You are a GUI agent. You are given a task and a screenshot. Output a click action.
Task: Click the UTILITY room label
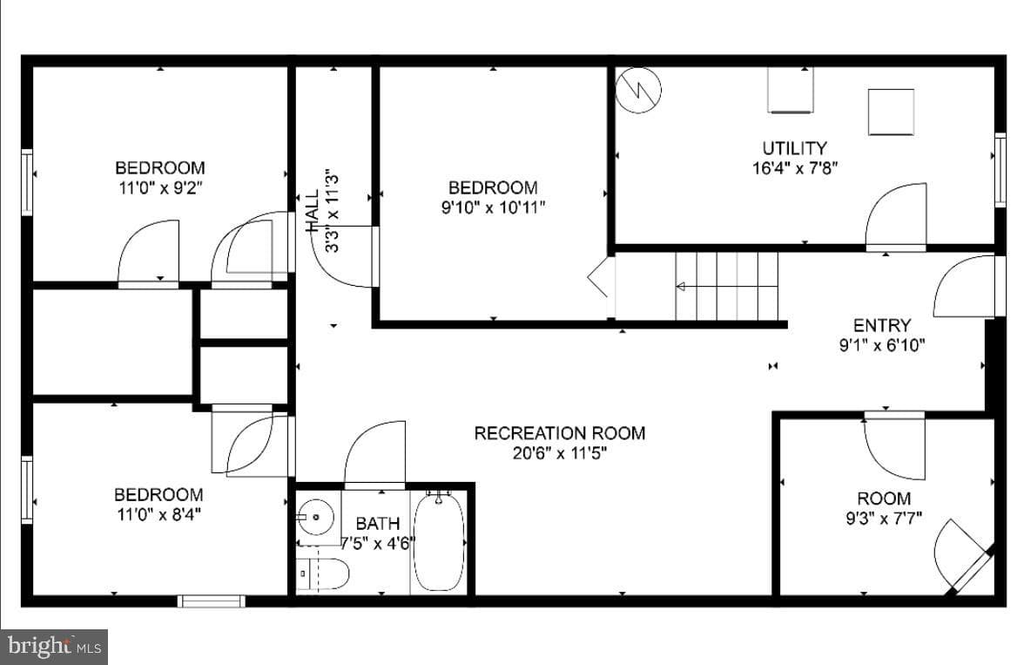pos(794,148)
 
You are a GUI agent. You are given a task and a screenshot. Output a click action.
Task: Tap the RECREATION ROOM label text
pos(560,433)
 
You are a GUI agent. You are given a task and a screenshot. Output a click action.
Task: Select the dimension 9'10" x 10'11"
pos(493,208)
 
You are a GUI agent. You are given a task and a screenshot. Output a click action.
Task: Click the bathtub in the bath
pos(439,542)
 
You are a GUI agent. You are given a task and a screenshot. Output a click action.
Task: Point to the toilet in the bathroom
pos(322,573)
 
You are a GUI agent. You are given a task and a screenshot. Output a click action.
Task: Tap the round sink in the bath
pos(316,517)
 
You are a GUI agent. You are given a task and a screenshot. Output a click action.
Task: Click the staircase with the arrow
pos(726,287)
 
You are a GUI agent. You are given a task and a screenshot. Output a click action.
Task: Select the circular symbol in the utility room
pos(639,90)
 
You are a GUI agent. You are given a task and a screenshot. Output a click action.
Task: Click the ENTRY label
pos(881,325)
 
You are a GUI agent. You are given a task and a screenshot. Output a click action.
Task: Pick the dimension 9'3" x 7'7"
pos(884,519)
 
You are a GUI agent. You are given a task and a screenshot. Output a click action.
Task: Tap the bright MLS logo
pos(54,647)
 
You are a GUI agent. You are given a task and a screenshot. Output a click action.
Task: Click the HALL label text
pos(312,211)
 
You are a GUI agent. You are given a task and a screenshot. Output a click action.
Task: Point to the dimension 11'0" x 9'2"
pos(160,188)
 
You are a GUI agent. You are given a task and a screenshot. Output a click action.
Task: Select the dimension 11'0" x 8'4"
pos(158,514)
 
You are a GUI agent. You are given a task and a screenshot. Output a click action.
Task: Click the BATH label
pos(378,524)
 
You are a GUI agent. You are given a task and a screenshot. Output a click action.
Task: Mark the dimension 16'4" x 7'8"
pos(795,168)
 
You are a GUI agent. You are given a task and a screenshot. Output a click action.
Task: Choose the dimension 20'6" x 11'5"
pos(560,453)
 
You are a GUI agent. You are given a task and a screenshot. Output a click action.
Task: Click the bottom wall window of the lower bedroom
pos(212,601)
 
